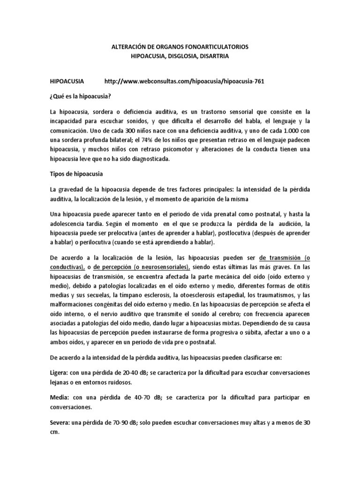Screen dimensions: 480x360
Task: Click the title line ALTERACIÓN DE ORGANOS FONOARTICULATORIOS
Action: (180, 48)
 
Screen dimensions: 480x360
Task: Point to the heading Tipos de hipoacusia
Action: (77, 174)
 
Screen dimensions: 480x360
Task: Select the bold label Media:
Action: (60, 397)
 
